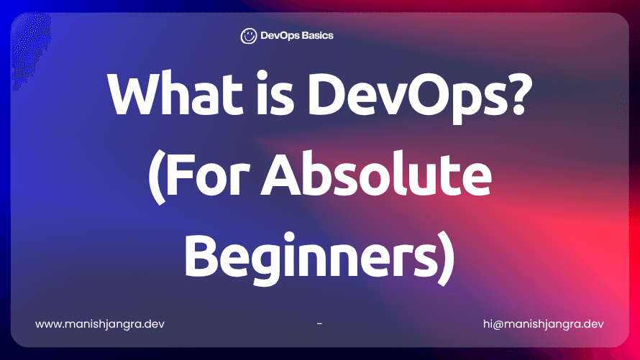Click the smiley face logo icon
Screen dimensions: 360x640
click(x=249, y=36)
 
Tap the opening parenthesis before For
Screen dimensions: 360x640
click(x=155, y=180)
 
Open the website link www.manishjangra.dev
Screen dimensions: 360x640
click(x=100, y=323)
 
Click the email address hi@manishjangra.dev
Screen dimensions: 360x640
click(x=544, y=323)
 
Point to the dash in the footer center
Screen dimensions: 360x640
click(x=319, y=323)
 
